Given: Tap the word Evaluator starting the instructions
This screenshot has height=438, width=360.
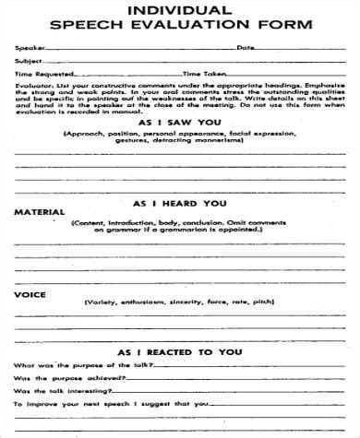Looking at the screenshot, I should coord(31,84).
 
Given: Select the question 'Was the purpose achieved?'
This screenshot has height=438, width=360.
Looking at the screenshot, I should coord(55,378).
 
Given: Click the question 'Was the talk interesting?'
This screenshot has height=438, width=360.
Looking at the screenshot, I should coord(55,391).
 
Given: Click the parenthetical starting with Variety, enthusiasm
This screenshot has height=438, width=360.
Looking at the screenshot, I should coord(178,302).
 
